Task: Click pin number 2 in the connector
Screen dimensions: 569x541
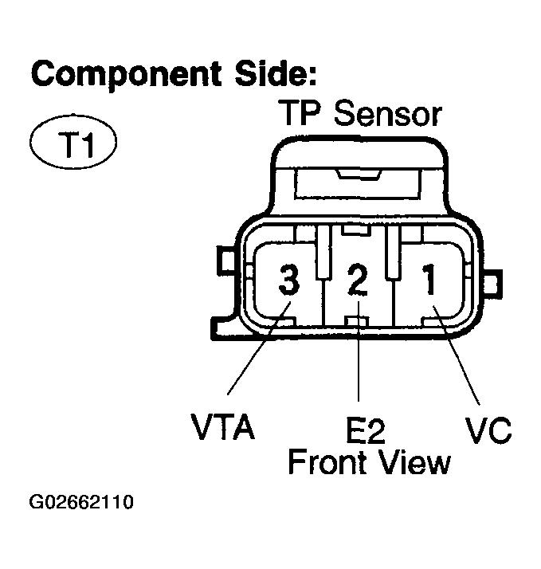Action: [x=359, y=281]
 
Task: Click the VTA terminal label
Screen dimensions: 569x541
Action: [x=223, y=428]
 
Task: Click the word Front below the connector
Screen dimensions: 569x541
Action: [x=326, y=461]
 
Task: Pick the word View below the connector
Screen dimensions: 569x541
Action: [x=414, y=461]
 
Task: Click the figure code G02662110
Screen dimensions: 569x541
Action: [x=81, y=503]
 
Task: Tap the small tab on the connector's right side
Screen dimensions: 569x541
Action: [x=495, y=282]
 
